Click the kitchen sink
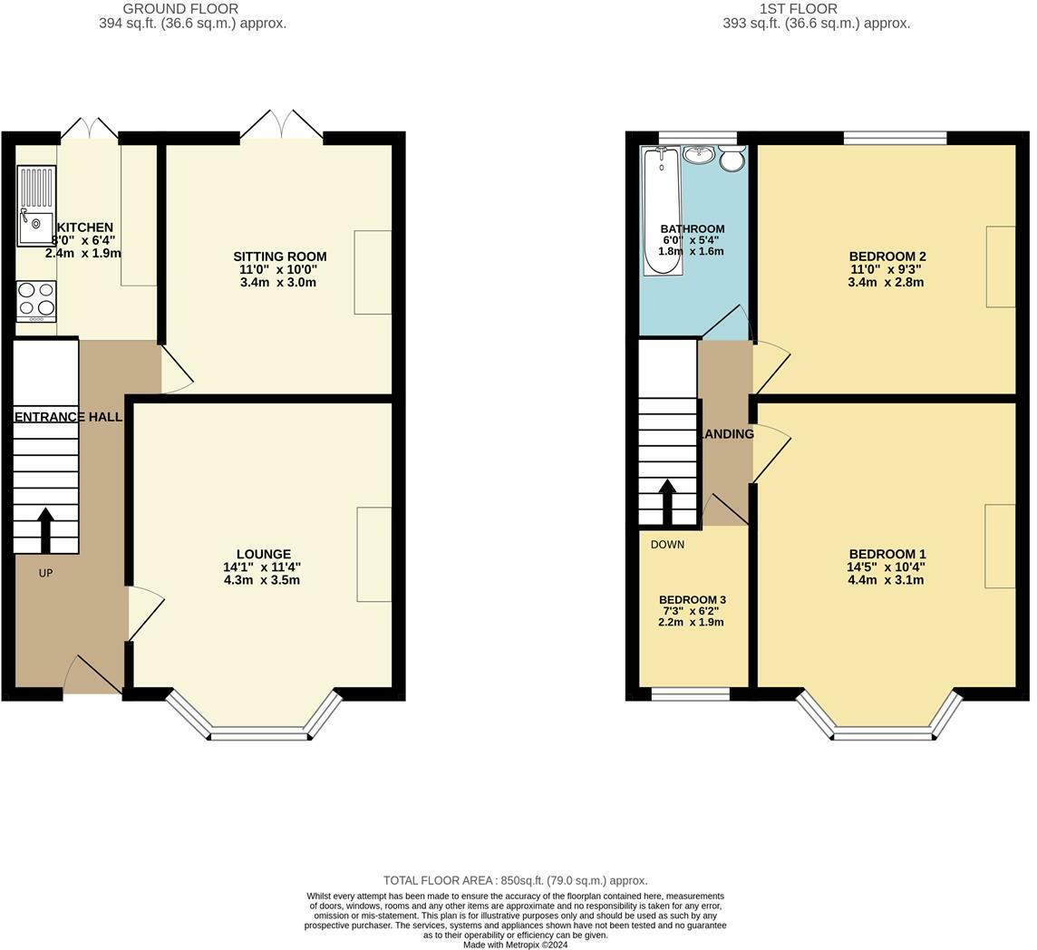pyautogui.click(x=36, y=206)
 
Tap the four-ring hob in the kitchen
pyautogui.click(x=36, y=301)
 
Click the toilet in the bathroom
pyautogui.click(x=732, y=160)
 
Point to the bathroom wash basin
pyautogui.click(x=698, y=156)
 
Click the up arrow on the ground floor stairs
pyautogui.click(x=45, y=529)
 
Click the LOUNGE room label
pyautogui.click(x=263, y=554)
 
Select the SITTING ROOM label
pyautogui.click(x=279, y=257)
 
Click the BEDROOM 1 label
pyautogui.click(x=887, y=554)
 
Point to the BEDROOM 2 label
pyautogui.click(x=887, y=257)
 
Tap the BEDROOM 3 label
pyautogui.click(x=692, y=599)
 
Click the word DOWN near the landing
pyautogui.click(x=667, y=544)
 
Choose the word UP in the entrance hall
pyautogui.click(x=45, y=573)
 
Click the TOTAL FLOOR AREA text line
pyautogui.click(x=515, y=880)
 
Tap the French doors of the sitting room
pyautogui.click(x=281, y=127)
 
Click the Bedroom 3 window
pyautogui.click(x=691, y=694)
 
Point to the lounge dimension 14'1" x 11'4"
pyautogui.click(x=262, y=567)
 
